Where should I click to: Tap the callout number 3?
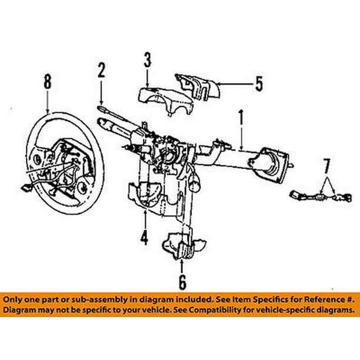point(147,60)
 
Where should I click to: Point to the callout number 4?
point(144,238)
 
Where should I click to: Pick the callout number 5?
point(259,84)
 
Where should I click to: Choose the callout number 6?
point(182,282)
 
